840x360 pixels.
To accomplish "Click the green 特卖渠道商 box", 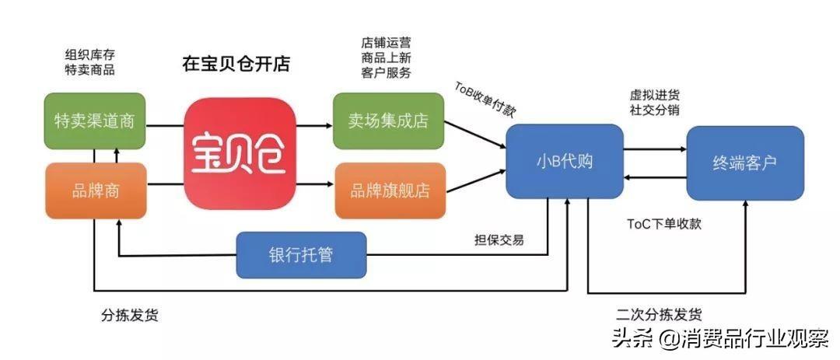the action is click(95, 121).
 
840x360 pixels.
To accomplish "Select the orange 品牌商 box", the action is click(96, 190).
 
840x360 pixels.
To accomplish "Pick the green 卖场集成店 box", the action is click(389, 121).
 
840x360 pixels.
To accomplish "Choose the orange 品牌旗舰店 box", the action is click(390, 190).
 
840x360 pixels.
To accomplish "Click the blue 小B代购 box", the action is click(565, 161).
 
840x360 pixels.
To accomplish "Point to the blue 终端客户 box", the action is click(745, 163).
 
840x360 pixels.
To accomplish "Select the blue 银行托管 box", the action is click(301, 255).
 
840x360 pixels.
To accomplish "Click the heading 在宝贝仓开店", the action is click(236, 65).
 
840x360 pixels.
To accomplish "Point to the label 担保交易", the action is click(499, 240).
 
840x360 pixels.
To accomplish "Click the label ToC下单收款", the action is click(663, 224).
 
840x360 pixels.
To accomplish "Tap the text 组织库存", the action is click(90, 54).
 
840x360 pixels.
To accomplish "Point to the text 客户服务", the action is click(387, 73).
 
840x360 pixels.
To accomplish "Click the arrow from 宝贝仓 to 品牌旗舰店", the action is click(314, 185).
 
